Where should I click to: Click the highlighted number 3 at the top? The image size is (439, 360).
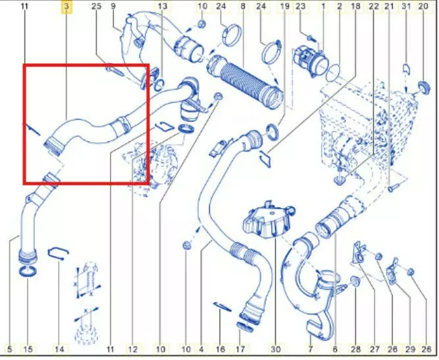point(66,6)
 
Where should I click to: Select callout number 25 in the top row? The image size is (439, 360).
point(96,6)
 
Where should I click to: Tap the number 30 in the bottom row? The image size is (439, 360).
point(276,349)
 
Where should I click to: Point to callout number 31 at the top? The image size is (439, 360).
point(406,6)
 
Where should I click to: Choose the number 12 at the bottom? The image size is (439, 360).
point(133,349)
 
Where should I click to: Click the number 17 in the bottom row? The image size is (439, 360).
point(240,349)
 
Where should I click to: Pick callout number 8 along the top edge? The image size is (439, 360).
point(243,6)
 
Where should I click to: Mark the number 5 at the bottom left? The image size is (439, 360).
point(10,349)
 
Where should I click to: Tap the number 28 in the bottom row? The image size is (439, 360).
point(356,349)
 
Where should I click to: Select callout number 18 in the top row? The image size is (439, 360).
point(355,6)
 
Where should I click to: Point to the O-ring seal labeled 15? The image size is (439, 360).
point(28,271)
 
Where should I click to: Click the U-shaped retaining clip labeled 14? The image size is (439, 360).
point(58,253)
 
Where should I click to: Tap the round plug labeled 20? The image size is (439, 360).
point(423,88)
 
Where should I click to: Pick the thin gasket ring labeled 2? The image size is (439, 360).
point(333,73)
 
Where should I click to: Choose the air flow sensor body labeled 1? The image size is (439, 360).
point(309,60)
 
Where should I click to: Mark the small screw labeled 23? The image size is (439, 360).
point(310,38)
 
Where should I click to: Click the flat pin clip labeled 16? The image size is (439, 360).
point(222,307)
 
